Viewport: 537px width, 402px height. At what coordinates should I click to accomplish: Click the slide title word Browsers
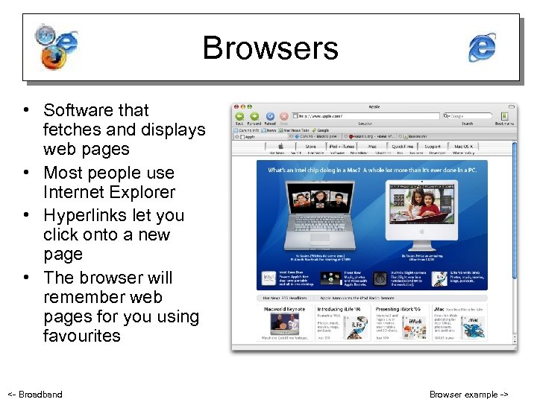270,48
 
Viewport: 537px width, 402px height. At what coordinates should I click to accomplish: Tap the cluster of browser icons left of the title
57,46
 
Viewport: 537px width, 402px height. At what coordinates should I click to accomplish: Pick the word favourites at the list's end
81,335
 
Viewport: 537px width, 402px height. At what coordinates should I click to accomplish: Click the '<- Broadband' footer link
34,394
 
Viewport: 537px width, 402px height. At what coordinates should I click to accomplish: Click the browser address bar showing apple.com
365,116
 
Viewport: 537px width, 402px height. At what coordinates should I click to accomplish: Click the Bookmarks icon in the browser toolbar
505,116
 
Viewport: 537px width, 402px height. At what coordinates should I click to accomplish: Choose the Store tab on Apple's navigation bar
310,147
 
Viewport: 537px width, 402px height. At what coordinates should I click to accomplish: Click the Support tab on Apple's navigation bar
433,147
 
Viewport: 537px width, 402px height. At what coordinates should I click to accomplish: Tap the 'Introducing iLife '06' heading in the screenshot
340,308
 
